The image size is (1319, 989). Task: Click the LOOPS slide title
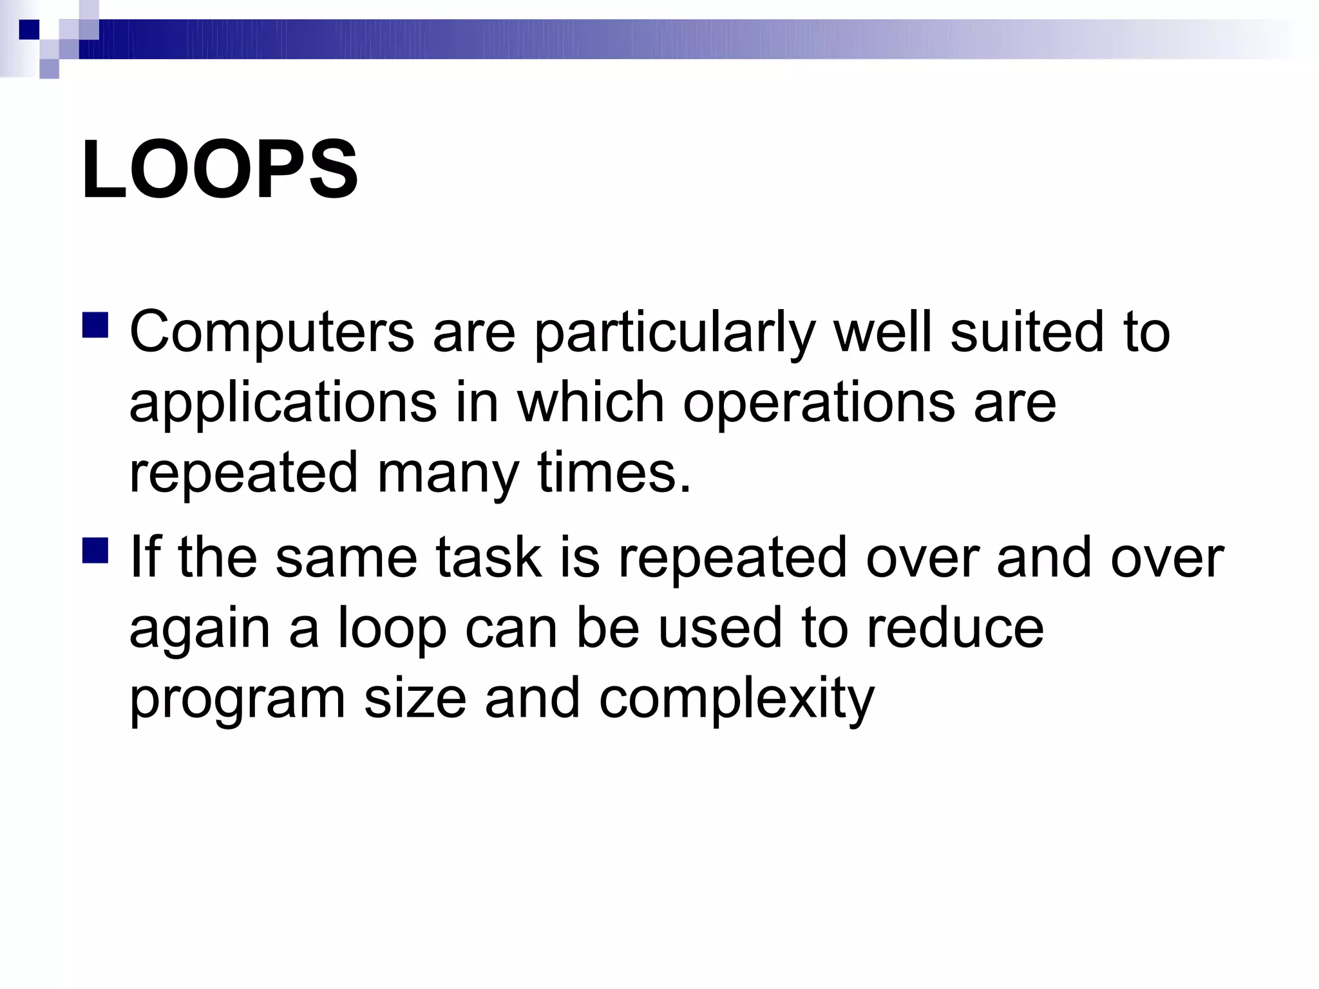(219, 170)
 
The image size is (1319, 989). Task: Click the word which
(591, 402)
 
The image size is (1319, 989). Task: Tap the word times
(614, 473)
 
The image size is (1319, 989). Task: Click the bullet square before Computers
(95, 325)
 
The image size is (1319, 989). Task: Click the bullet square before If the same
(95, 551)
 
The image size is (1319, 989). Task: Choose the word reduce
(954, 628)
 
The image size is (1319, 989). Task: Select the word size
(415, 699)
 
